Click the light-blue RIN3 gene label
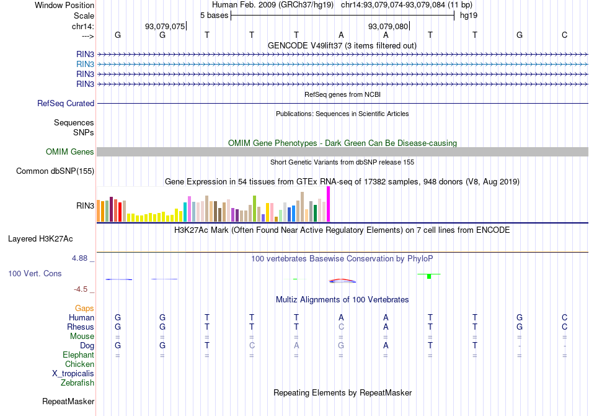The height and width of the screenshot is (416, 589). click(x=85, y=64)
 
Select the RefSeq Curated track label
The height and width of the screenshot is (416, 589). click(x=66, y=104)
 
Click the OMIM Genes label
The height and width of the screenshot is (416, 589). click(x=70, y=152)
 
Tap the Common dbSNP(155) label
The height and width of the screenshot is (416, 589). click(x=55, y=171)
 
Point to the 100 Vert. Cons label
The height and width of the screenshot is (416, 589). click(x=35, y=274)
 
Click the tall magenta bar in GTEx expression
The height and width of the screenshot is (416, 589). click(x=328, y=204)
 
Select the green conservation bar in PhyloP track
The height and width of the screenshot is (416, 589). click(x=429, y=276)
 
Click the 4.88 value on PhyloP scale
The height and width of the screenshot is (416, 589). click(x=81, y=258)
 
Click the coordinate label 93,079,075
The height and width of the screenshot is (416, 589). click(x=165, y=27)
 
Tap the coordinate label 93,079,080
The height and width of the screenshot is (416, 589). click(x=388, y=27)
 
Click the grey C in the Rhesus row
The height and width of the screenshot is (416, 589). click(x=341, y=327)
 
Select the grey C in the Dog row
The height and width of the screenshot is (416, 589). click(x=252, y=345)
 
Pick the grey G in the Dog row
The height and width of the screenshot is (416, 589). click(x=341, y=345)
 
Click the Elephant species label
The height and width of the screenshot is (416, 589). click(x=79, y=355)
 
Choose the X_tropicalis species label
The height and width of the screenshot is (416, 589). click(x=73, y=374)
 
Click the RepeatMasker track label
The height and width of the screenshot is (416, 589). click(x=68, y=402)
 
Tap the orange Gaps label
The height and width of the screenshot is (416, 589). click(x=84, y=308)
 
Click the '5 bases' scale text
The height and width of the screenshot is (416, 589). click(x=214, y=15)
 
